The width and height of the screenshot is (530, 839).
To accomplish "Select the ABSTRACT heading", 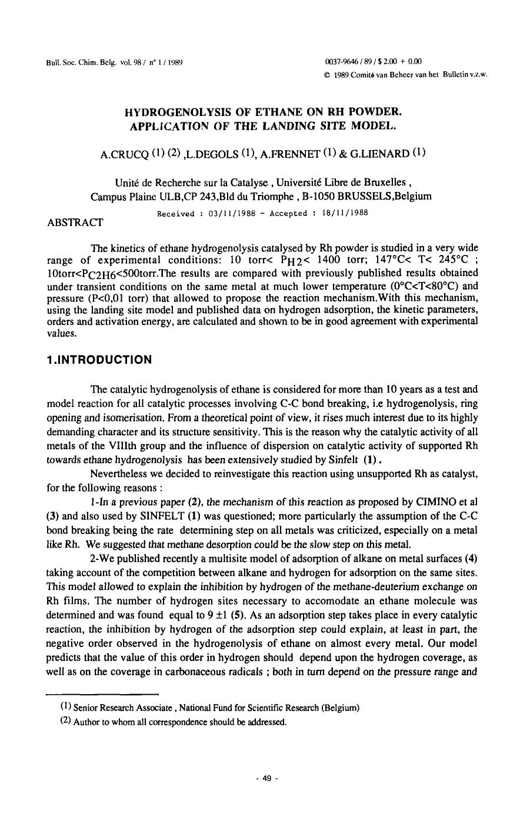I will pyautogui.click(x=75, y=222).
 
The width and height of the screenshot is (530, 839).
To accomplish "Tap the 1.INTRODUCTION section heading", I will pyautogui.click(x=99, y=360).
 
